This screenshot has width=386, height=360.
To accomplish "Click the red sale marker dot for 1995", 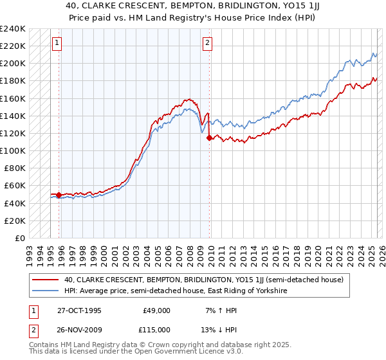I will (x=59, y=195).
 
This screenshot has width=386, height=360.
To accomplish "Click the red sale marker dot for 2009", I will (x=209, y=137).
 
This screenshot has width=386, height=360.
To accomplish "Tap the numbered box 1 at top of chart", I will (x=57, y=43).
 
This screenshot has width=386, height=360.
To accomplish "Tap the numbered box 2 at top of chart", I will (x=208, y=43).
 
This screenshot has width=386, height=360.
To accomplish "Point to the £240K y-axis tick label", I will (x=13, y=29).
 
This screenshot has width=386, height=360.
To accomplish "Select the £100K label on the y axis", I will (x=13, y=150).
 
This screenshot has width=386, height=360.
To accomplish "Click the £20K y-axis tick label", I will (x=15, y=221).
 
